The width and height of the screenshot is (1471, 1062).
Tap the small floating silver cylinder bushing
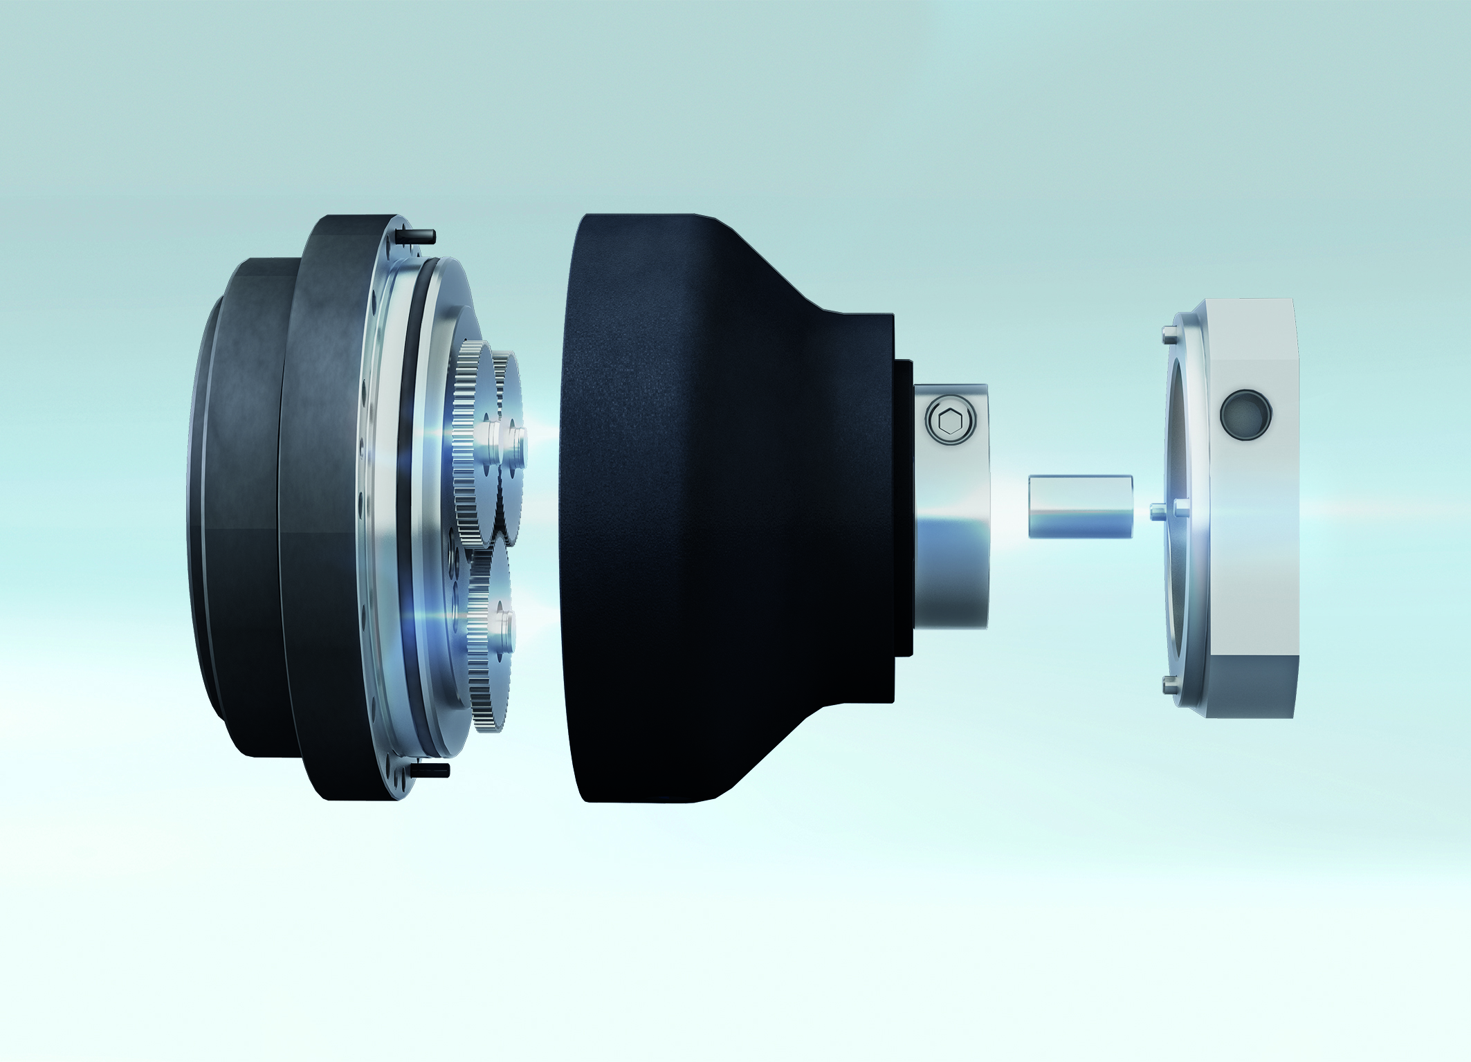(1080, 506)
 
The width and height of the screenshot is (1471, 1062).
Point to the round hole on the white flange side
(1245, 414)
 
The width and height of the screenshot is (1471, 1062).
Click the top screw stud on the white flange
(1169, 337)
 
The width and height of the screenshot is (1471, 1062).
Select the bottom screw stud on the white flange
(1168, 684)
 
